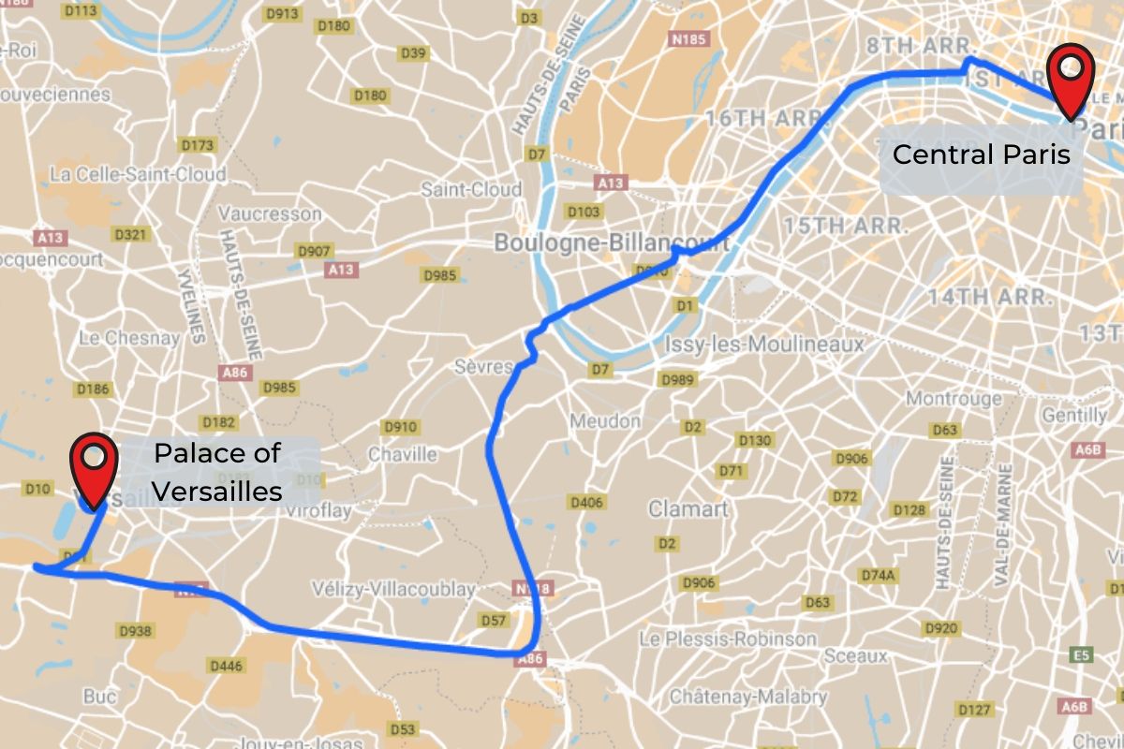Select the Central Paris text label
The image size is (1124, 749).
981,154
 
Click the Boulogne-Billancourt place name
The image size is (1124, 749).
611,242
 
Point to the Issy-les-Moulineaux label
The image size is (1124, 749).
764,345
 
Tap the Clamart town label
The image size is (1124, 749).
688,509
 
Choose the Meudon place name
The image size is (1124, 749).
605,421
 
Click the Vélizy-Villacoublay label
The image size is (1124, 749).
393,590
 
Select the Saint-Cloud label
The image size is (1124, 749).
470,189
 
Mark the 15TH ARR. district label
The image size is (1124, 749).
845,226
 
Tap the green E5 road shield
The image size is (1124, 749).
1082,655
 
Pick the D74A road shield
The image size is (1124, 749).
879,574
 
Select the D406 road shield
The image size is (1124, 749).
586,503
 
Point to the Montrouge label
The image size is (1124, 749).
954,399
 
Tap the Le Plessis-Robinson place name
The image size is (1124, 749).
728,639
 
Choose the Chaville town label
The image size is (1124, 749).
402,454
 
